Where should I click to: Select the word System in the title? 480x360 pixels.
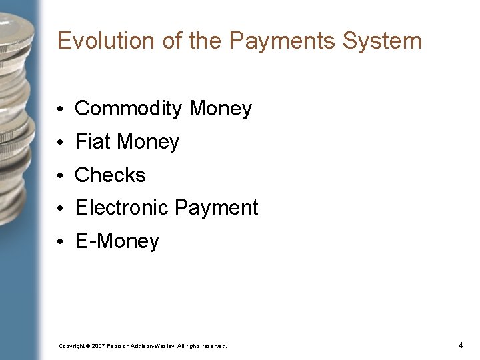pos(382,41)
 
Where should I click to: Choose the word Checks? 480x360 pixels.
pos(110,175)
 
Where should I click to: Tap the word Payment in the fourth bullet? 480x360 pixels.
pos(216,207)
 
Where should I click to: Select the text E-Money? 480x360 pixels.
pos(117,241)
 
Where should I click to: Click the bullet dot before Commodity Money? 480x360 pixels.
pos(61,109)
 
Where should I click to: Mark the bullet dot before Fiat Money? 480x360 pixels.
pos(61,142)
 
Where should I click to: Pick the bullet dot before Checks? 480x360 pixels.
pos(61,175)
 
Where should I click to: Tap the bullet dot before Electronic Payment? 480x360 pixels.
pos(61,208)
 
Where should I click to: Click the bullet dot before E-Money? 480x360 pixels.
pos(61,241)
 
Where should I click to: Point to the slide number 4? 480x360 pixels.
pos(461,345)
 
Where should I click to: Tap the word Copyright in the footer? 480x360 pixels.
pos(72,346)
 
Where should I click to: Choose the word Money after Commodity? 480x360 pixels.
pos(221,109)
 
